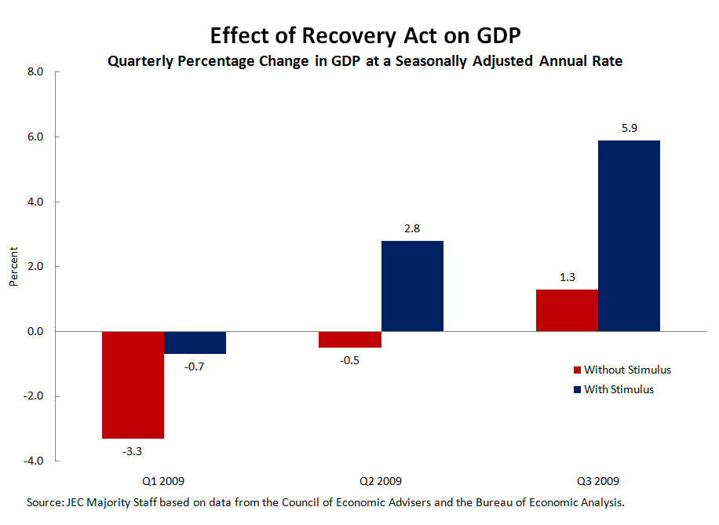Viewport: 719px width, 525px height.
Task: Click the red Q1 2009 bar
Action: tap(133, 385)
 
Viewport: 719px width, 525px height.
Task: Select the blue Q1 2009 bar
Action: tap(195, 343)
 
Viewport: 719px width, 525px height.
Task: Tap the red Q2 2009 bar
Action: tap(350, 339)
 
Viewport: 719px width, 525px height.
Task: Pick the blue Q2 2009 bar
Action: tap(412, 286)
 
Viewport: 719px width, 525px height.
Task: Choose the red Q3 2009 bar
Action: tap(567, 311)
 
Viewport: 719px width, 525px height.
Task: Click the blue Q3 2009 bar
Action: tap(629, 235)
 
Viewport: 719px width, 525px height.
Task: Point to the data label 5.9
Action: tap(629, 127)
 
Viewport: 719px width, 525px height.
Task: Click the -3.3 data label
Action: tap(132, 451)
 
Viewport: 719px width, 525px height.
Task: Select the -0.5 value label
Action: tap(350, 360)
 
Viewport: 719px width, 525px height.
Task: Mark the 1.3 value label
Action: tap(567, 276)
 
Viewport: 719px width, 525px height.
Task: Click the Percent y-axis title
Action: tap(13, 267)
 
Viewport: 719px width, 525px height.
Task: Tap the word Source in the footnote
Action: tap(44, 503)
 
